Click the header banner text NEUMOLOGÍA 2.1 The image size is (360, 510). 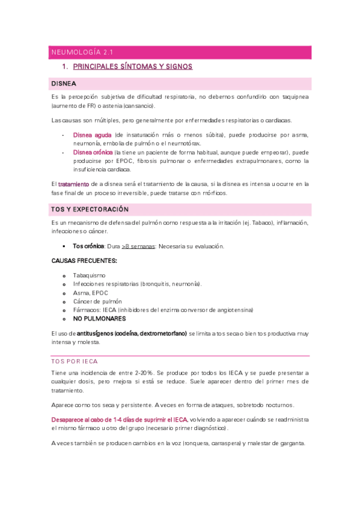pyautogui.click(x=79, y=52)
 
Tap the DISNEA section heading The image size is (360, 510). pyautogui.click(x=64, y=83)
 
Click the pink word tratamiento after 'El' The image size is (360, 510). pyautogui.click(x=74, y=183)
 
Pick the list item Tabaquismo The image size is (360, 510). pyautogui.click(x=90, y=275)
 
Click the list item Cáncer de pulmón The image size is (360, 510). pyautogui.click(x=97, y=301)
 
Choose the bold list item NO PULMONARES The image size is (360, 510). pyautogui.click(x=99, y=318)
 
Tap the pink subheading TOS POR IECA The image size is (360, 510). pyautogui.click(x=74, y=361)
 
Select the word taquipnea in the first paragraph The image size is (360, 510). pyautogui.click(x=291, y=96)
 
